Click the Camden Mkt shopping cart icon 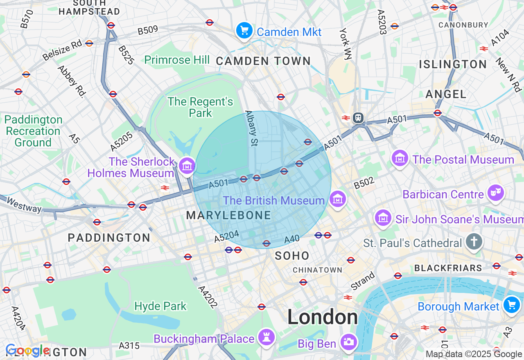point(244,31)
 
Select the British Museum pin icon point(338,200)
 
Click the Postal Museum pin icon point(400,158)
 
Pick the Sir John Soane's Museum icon point(384,218)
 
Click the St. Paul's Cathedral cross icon point(474,242)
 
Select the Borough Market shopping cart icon point(511,305)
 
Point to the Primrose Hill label point(177,60)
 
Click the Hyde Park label point(160,306)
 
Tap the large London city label point(323,317)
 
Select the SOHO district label point(292,256)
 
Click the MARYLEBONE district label point(228,216)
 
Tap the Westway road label point(24,205)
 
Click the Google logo point(27,351)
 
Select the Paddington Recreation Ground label point(34,131)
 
